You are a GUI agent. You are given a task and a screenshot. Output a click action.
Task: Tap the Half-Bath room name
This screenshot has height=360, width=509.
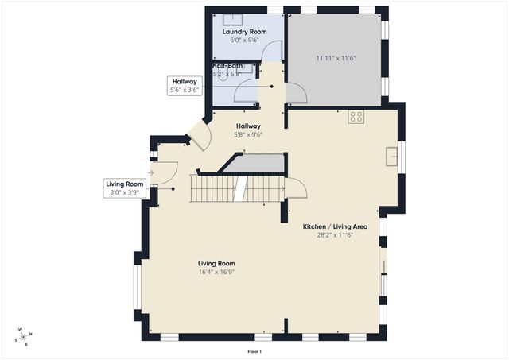[x=227, y=65]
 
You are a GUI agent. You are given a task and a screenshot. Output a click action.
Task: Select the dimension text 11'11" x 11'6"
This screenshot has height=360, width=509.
[x=334, y=57]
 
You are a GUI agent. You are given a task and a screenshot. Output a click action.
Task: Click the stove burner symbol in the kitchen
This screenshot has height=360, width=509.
[x=356, y=116]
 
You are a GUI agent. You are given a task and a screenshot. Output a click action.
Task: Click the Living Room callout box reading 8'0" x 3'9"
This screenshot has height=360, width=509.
[x=125, y=188]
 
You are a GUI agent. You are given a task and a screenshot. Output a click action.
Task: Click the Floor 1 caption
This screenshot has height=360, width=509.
[x=254, y=351]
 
